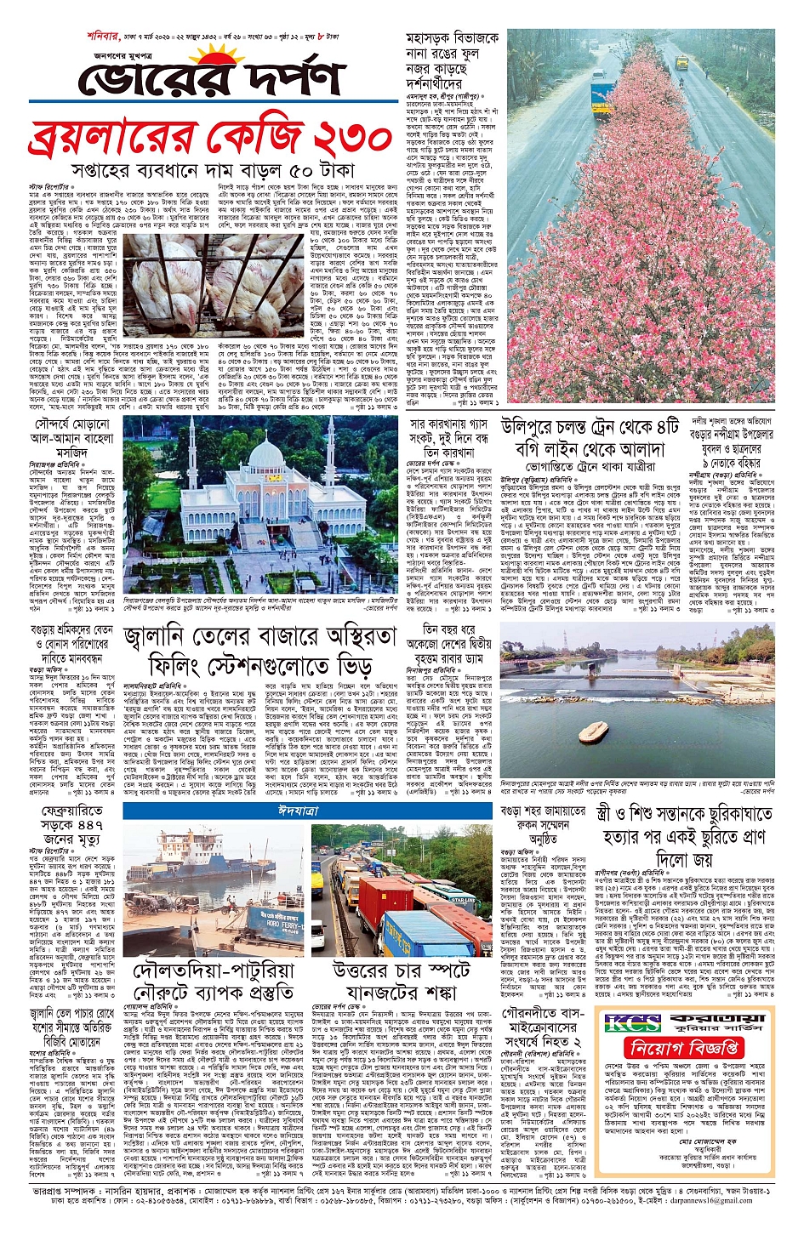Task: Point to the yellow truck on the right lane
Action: (x=681, y=61)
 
